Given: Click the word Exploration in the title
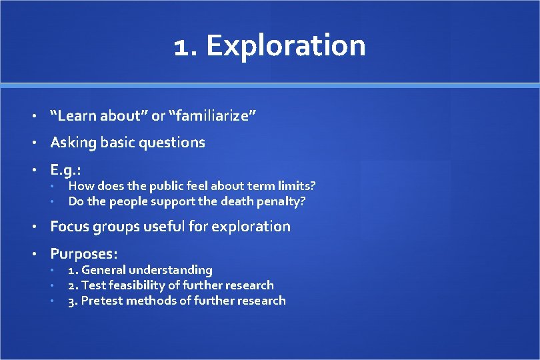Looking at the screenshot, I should (x=286, y=47).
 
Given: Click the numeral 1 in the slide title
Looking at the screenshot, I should (x=181, y=47).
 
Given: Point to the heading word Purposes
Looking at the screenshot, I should (x=83, y=254).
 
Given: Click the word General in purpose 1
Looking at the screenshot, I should (x=103, y=270).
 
